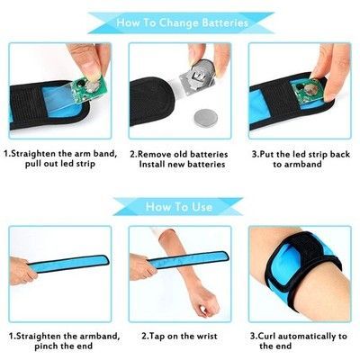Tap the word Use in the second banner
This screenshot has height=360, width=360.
(x=202, y=207)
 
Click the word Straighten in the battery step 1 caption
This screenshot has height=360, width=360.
(x=33, y=154)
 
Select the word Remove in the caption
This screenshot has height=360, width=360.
(x=153, y=155)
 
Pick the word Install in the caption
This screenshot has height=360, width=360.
(x=152, y=165)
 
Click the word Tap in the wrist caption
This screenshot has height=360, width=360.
(x=157, y=337)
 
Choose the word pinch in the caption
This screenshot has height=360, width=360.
(x=46, y=346)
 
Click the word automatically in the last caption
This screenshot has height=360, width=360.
(x=310, y=337)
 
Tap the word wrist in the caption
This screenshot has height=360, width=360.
(x=205, y=337)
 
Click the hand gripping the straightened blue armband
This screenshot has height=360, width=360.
(x=22, y=271)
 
